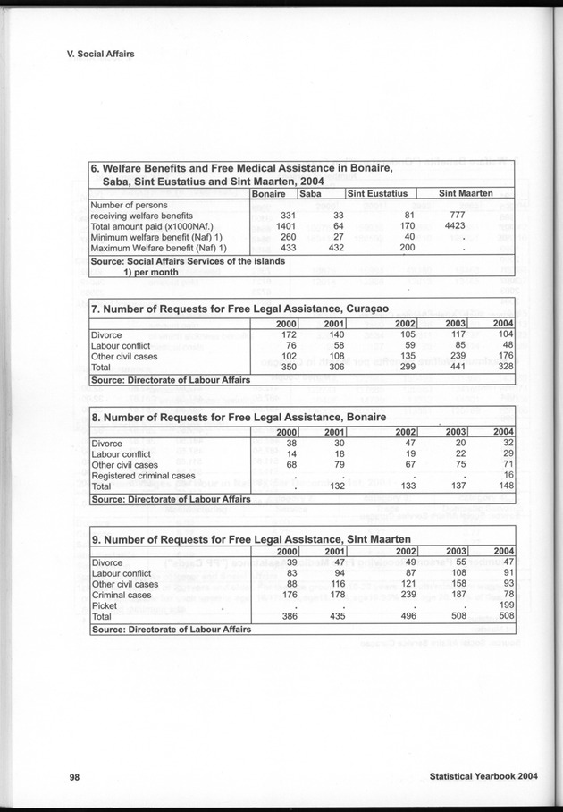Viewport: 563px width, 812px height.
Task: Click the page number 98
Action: tap(75, 777)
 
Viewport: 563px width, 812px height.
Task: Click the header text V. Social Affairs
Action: tap(100, 54)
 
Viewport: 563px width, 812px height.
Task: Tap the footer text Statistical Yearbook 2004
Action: tap(483, 777)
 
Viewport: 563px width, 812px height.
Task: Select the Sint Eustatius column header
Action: tap(377, 193)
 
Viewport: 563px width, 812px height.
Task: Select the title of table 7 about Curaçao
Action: tap(239, 309)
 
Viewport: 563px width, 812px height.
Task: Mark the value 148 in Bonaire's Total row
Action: tap(505, 486)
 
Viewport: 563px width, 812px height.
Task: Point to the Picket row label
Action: tap(105, 605)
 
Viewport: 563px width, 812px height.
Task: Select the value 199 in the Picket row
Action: tap(505, 605)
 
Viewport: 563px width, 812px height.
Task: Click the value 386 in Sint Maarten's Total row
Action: tap(286, 617)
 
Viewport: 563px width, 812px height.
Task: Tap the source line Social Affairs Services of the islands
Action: tap(188, 261)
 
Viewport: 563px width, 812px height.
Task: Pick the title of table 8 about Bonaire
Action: tap(239, 417)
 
